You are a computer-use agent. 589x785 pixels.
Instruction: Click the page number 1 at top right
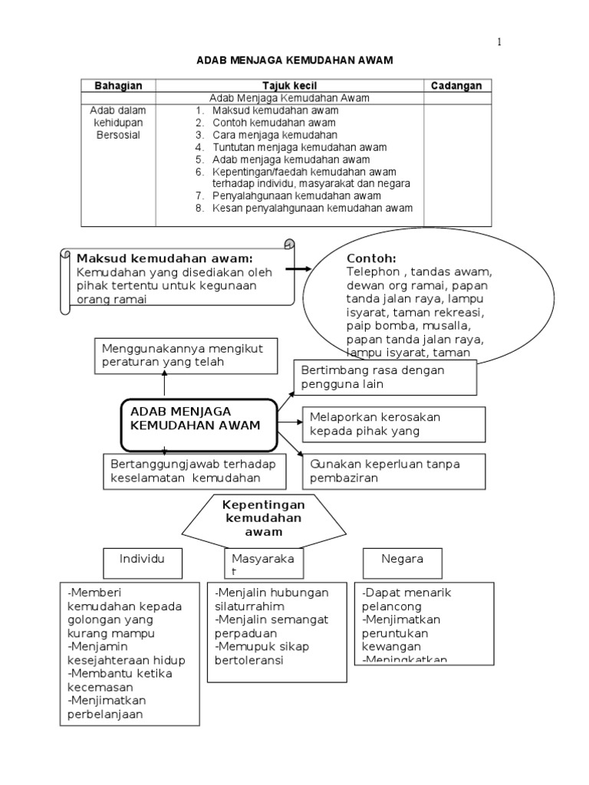coord(499,41)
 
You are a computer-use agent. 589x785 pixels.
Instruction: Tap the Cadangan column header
coord(456,86)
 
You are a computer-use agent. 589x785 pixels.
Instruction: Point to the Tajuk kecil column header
coord(289,86)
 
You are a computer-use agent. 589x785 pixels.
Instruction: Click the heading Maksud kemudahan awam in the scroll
coord(165,258)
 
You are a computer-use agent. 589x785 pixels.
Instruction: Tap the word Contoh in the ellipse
coord(371,258)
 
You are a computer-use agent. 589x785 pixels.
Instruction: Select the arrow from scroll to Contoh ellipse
coord(298,269)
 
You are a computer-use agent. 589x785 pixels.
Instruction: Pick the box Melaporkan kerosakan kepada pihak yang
coord(393,423)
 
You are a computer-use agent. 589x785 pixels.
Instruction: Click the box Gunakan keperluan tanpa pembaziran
coord(393,471)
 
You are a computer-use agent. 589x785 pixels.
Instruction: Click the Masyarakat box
coord(259,566)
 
